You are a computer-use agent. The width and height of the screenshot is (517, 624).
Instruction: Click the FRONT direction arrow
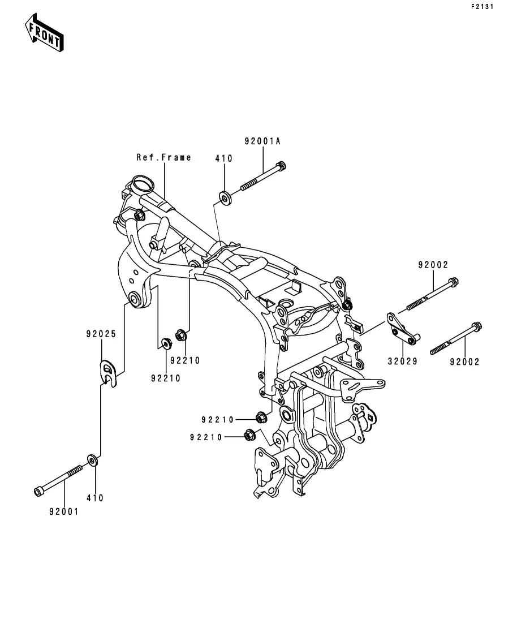pyautogui.click(x=44, y=33)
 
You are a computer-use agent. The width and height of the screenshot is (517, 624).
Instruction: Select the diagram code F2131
pyautogui.click(x=482, y=7)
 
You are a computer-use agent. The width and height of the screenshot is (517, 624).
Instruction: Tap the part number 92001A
pyautogui.click(x=262, y=141)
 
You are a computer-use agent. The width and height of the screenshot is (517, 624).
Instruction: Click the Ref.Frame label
pyautogui.click(x=163, y=158)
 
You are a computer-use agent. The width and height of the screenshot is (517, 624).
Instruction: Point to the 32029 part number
pyautogui.click(x=403, y=362)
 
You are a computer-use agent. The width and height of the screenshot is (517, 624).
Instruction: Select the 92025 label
pyautogui.click(x=101, y=334)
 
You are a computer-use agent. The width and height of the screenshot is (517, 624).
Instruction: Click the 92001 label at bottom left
pyautogui.click(x=64, y=512)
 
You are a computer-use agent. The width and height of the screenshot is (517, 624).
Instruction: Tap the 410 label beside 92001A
pyautogui.click(x=223, y=158)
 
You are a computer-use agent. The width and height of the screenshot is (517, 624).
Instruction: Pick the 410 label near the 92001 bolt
pyautogui.click(x=94, y=498)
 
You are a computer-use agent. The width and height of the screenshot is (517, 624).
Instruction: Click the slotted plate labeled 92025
pyautogui.click(x=107, y=373)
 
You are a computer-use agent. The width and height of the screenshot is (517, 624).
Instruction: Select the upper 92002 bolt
pyautogui.click(x=432, y=294)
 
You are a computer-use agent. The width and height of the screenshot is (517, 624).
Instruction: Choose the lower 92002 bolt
pyautogui.click(x=456, y=338)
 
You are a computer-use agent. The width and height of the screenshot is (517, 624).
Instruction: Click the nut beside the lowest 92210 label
pyautogui.click(x=249, y=435)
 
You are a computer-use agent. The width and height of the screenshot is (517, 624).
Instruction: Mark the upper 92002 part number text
pyautogui.click(x=433, y=265)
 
